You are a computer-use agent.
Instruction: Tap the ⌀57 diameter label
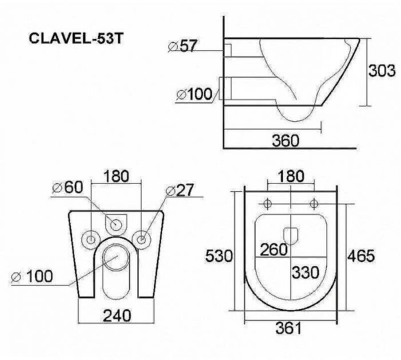(x=183, y=46)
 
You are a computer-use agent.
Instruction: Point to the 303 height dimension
(x=382, y=71)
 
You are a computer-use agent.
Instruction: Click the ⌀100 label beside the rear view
(x=32, y=277)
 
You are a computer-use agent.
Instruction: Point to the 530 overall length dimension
(x=219, y=256)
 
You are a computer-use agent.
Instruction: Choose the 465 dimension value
(x=361, y=256)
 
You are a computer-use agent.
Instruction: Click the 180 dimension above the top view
(x=291, y=177)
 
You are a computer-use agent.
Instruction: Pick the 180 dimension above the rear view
(x=116, y=175)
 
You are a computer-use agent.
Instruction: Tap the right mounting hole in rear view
(x=141, y=238)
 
